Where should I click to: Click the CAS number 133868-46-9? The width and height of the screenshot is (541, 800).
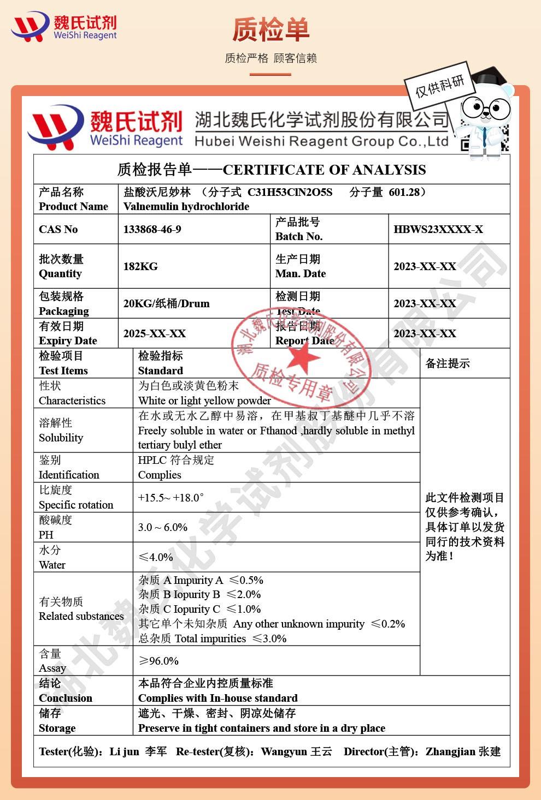pyautogui.click(x=152, y=229)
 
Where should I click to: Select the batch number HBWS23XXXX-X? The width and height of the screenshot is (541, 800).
pyautogui.click(x=438, y=229)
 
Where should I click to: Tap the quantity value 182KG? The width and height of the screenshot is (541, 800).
pyautogui.click(x=140, y=266)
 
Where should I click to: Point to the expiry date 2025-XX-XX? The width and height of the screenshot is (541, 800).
pyautogui.click(x=155, y=333)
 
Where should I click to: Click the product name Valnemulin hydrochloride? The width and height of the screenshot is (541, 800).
pyautogui.click(x=186, y=206)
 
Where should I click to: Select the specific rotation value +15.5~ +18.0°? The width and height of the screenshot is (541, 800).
pyautogui.click(x=170, y=498)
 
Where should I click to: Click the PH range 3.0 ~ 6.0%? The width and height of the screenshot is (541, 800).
pyautogui.click(x=163, y=527)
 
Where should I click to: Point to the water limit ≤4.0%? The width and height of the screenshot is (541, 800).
pyautogui.click(x=156, y=557)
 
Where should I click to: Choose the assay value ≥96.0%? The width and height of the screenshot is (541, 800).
pyautogui.click(x=158, y=661)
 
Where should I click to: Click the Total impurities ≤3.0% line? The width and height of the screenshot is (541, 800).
pyautogui.click(x=213, y=638)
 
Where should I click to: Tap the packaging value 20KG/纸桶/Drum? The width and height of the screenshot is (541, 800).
pyautogui.click(x=166, y=303)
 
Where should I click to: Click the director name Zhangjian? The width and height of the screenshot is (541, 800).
pyautogui.click(x=450, y=751)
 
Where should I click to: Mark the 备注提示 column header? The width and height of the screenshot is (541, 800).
pyautogui.click(x=448, y=363)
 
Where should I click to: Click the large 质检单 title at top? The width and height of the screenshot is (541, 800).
pyautogui.click(x=270, y=30)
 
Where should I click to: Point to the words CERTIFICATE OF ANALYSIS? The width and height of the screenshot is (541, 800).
pyautogui.click(x=324, y=170)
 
